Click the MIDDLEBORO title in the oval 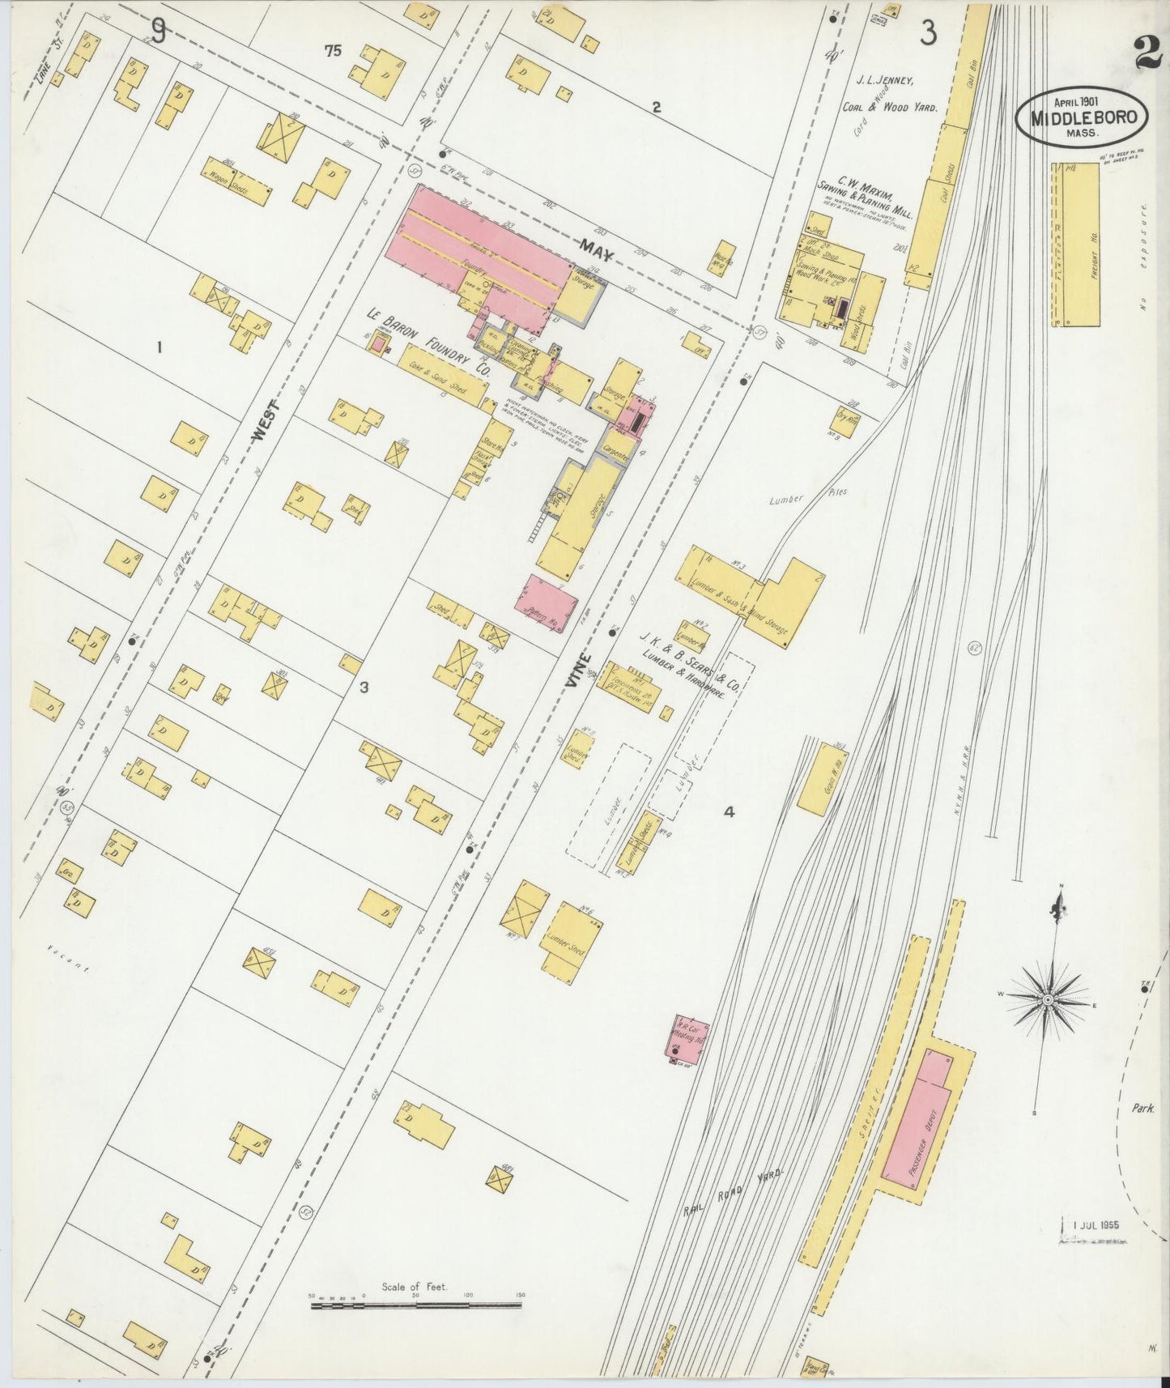(1083, 117)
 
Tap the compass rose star (1048, 1000)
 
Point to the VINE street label (580, 673)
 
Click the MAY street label (597, 249)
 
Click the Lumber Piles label (806, 497)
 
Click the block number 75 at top (333, 51)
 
